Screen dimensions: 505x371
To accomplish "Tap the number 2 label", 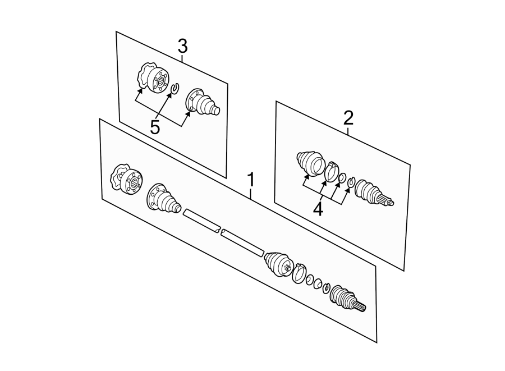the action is (x=348, y=118).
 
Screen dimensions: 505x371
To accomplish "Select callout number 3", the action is (x=182, y=47).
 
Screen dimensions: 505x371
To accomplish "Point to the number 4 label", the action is (x=318, y=210).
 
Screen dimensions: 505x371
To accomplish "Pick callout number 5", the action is (x=155, y=127).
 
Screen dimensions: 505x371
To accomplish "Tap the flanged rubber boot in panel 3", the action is (x=202, y=102).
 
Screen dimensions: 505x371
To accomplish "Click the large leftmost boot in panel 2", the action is (x=310, y=163).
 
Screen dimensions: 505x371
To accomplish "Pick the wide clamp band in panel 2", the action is (x=330, y=172).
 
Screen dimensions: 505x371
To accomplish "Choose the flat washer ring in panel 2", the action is (x=342, y=177).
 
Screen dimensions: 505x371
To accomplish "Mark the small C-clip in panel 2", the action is (x=351, y=182).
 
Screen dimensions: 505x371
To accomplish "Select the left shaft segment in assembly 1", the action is (x=201, y=221).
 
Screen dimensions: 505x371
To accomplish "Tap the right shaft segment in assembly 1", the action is (x=242, y=243).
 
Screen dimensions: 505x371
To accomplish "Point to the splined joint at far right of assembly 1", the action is (x=348, y=298).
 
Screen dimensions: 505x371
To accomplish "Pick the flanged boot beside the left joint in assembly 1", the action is (x=164, y=198).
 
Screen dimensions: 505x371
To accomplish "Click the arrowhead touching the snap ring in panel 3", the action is (x=169, y=95).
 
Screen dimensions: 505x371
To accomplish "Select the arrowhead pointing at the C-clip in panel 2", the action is (x=348, y=190).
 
